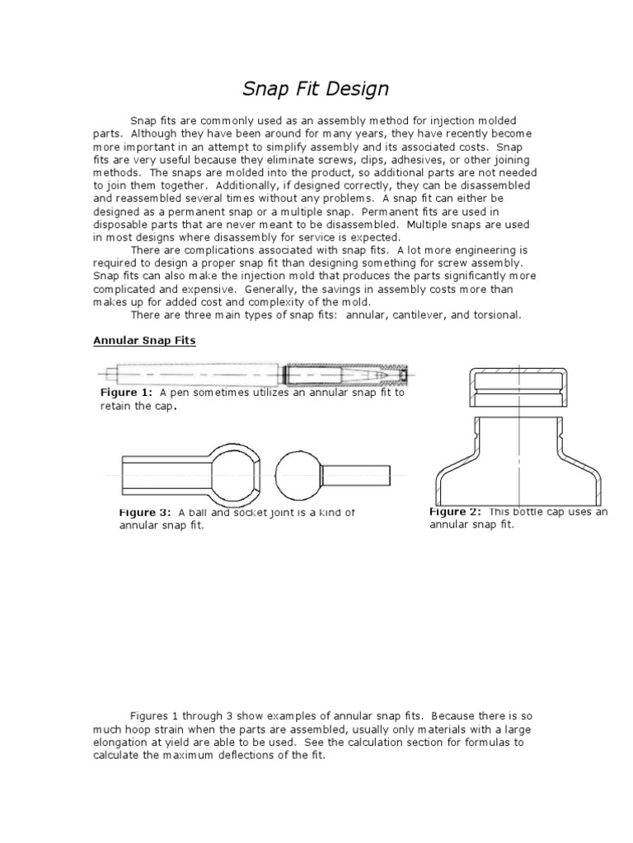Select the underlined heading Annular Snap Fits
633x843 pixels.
(x=144, y=340)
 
